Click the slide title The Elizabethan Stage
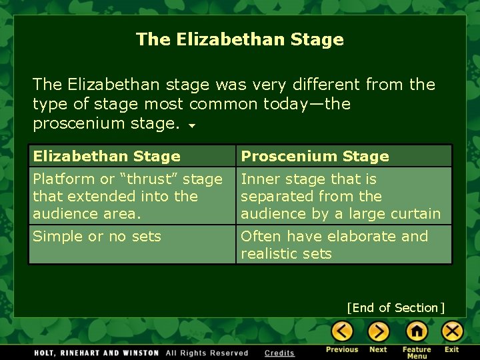240,39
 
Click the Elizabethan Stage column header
107,157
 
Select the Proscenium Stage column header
315,157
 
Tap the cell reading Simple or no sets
97,237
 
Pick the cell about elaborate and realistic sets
334,245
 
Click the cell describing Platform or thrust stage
127,196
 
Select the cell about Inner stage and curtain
340,196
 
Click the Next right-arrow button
378,331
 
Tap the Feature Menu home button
417,331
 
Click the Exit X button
452,331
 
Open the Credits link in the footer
279,353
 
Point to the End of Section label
395,308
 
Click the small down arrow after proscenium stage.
192,125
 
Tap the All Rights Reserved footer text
207,353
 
